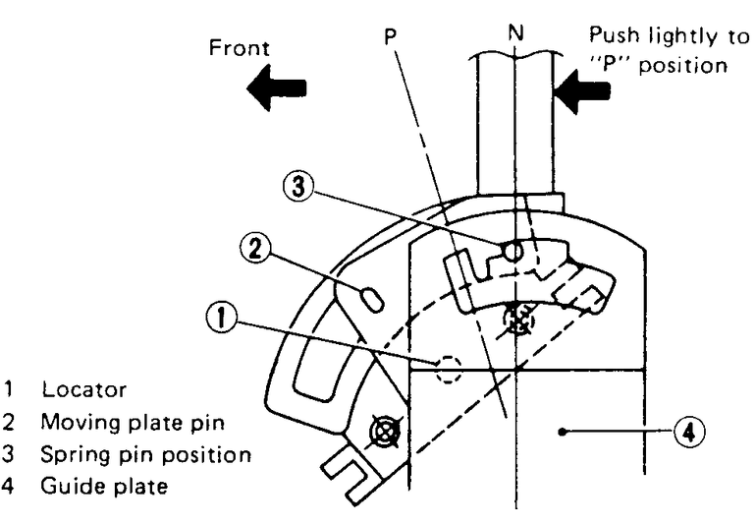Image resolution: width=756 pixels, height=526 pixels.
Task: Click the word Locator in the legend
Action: (x=71, y=388)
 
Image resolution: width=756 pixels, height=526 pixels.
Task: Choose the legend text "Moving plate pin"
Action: (x=113, y=423)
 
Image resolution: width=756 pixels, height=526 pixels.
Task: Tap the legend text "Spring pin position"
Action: (x=145, y=456)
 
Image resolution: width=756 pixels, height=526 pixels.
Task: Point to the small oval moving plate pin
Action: (x=371, y=298)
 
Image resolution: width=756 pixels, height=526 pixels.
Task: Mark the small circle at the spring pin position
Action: (x=511, y=253)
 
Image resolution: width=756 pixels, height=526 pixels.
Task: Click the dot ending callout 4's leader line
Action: (x=561, y=431)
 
